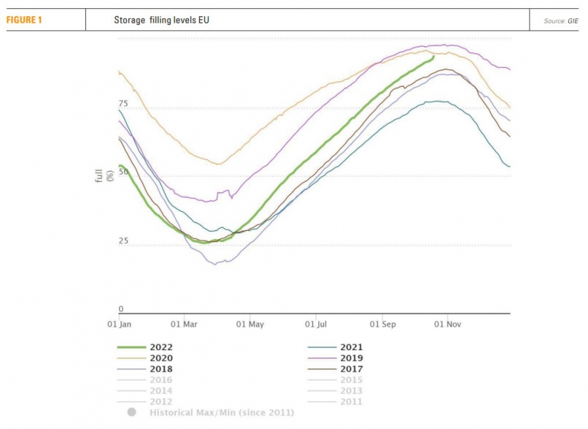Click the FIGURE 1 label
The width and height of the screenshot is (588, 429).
(x=24, y=20)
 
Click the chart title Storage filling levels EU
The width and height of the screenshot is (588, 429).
(x=162, y=20)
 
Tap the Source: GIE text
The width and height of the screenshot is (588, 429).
(x=561, y=21)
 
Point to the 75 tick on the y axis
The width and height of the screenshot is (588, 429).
(x=123, y=104)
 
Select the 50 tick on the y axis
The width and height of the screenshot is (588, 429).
(x=123, y=171)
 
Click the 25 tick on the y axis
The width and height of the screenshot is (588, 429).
(x=123, y=241)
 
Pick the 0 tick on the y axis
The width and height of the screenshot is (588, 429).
(x=121, y=309)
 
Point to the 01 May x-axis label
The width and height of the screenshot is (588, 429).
(x=251, y=323)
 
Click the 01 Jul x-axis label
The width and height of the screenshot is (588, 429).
(x=317, y=323)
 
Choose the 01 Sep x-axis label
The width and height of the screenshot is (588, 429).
(x=383, y=323)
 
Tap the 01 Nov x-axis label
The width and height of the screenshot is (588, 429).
(x=448, y=323)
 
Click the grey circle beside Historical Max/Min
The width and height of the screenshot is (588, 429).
(x=132, y=412)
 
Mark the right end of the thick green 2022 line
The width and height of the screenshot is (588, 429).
(x=434, y=57)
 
